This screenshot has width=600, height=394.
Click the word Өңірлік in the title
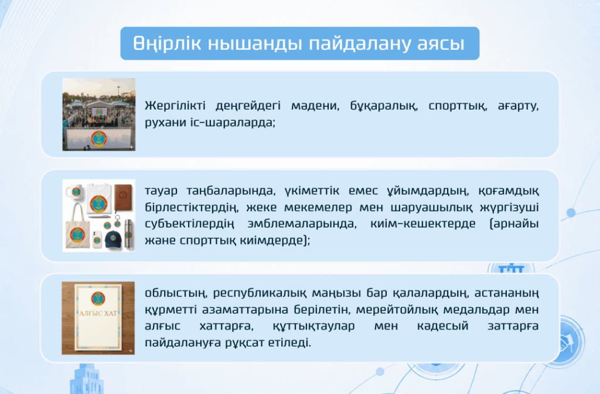[x=167, y=43]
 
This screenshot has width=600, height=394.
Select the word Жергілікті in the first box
[x=175, y=106]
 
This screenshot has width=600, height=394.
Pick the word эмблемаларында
[x=302, y=224]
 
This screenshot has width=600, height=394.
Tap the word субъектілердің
[x=189, y=224]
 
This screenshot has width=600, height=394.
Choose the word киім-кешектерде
[x=423, y=223]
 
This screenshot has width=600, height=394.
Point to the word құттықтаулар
[x=313, y=326]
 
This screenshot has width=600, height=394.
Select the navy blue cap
[x=114, y=239]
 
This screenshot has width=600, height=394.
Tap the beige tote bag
[x=78, y=229]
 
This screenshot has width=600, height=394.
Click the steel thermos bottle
[x=128, y=233]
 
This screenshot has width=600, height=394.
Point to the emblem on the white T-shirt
[x=98, y=203]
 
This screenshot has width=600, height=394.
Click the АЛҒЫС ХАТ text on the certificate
[x=98, y=314]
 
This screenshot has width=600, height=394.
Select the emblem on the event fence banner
[x=98, y=138]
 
